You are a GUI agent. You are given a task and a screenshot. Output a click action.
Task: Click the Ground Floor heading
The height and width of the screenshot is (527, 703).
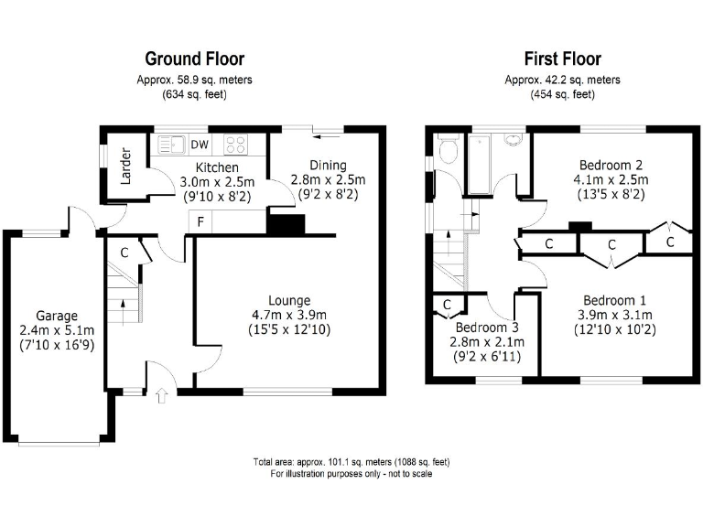coord(194,59)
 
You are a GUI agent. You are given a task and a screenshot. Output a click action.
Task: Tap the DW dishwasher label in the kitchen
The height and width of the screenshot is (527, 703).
coord(200,144)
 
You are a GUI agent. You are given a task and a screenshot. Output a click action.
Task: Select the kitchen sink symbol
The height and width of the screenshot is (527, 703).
coord(170,144)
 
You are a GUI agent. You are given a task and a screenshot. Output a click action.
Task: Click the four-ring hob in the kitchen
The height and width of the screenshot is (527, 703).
coord(234,144)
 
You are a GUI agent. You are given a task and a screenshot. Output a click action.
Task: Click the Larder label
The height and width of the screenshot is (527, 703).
coord(126,166)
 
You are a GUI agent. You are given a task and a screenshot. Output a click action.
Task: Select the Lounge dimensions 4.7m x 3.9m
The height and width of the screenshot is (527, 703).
coord(288,315)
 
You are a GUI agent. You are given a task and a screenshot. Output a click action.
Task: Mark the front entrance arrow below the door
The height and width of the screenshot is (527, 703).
coord(163,396)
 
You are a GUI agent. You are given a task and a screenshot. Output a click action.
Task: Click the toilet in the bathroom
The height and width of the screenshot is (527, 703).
coord(448,150)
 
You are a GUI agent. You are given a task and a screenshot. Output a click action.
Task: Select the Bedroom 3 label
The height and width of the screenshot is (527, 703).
coord(487,328)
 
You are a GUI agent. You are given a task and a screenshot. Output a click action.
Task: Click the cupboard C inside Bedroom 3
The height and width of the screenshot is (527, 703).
coord(448,305)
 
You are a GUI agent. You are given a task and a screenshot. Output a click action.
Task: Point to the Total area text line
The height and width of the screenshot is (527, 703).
coord(351,461)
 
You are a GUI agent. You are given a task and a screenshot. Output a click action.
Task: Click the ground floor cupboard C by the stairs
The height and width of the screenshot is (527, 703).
coord(123,253)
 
